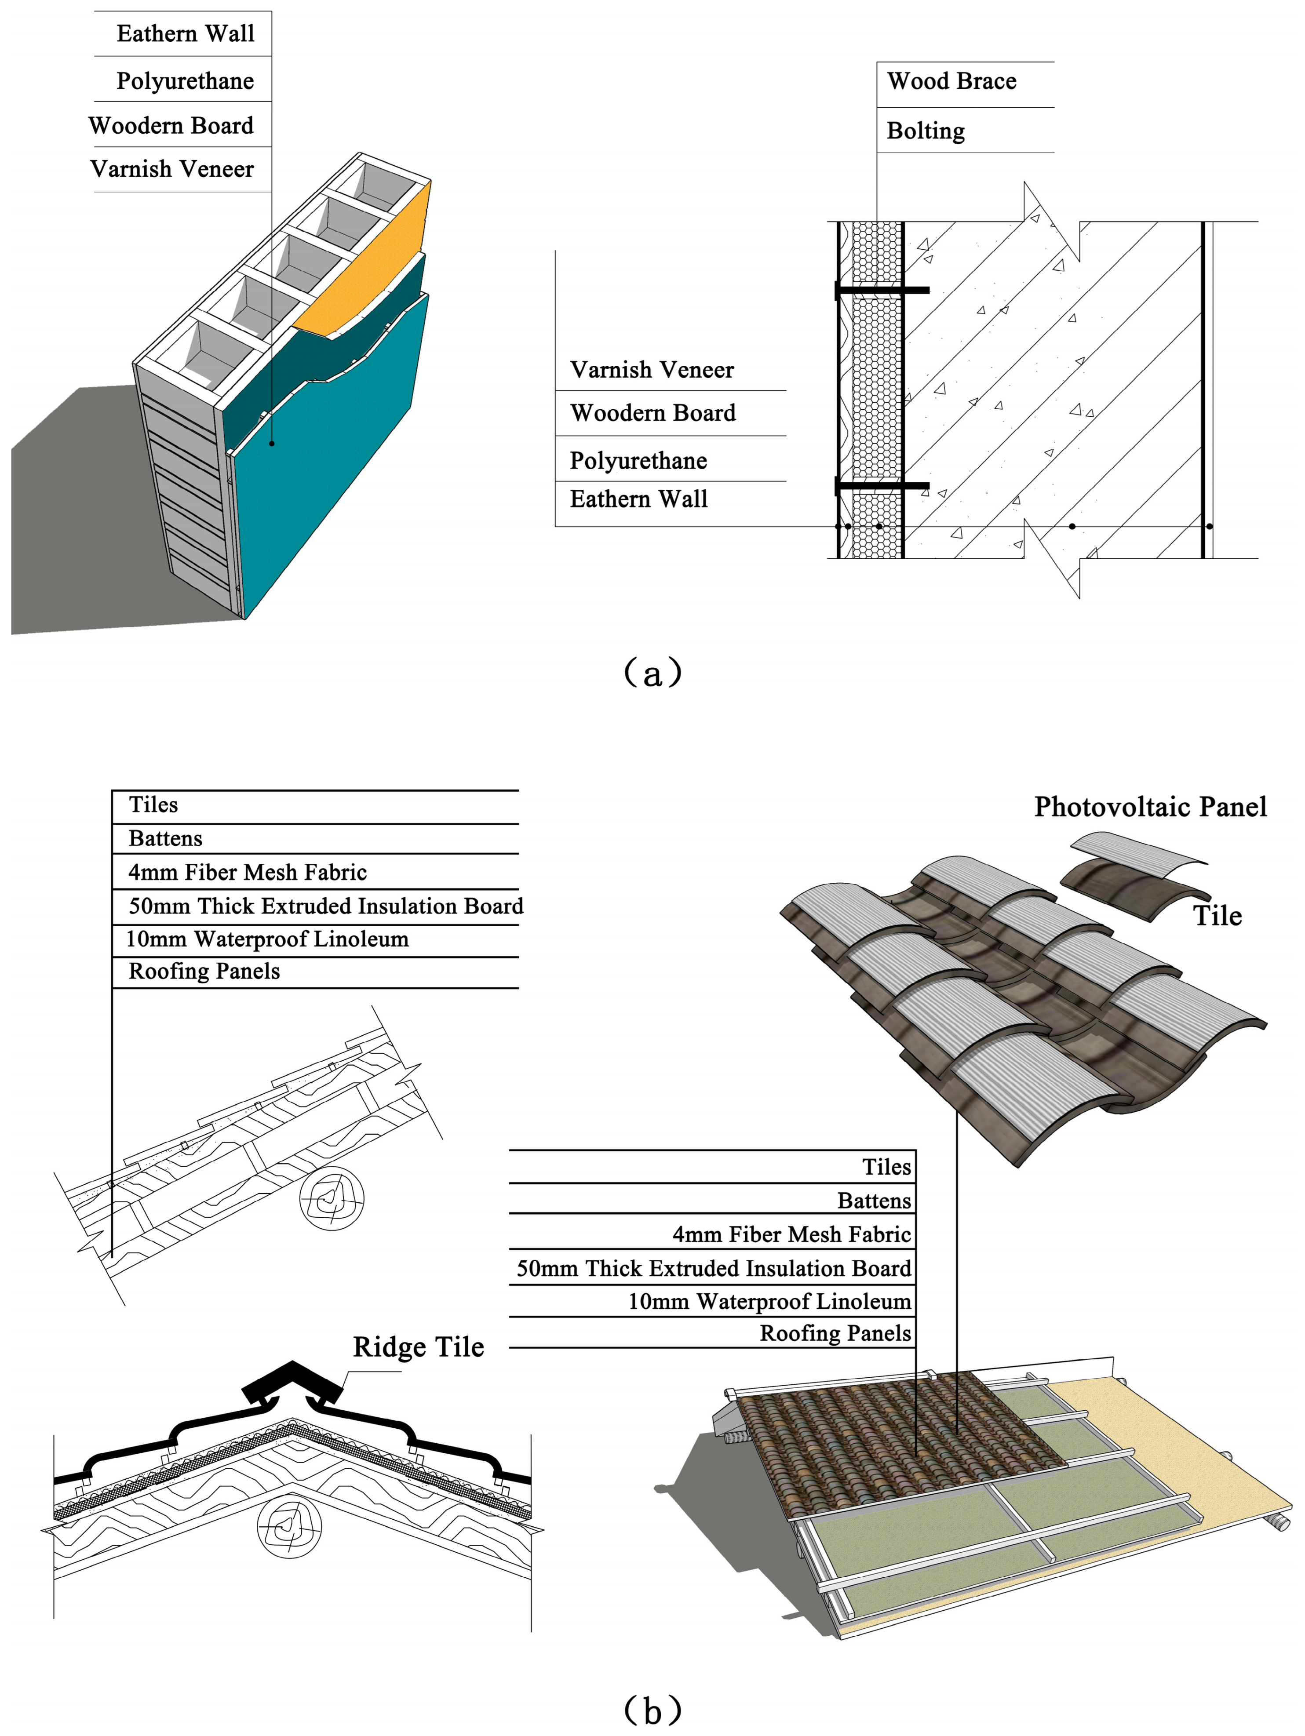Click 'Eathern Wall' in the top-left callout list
point(185,34)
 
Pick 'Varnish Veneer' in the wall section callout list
point(651,370)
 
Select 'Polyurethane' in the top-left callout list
point(185,81)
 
